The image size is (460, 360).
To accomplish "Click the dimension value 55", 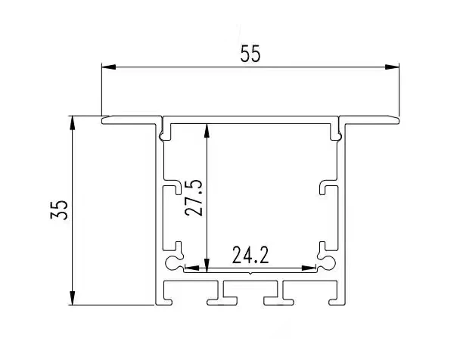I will click(250, 54).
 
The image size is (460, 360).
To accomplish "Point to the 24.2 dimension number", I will click(250, 256).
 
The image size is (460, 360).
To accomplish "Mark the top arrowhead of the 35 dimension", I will click(73, 122).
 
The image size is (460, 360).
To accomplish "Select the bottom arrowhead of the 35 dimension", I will click(73, 299).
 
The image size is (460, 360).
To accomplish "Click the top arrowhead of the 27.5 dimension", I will click(206, 126).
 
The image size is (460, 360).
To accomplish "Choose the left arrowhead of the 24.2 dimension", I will click(191, 266).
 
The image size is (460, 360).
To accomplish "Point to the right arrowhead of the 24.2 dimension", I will click(312, 266).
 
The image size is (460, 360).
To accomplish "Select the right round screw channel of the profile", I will click(328, 262).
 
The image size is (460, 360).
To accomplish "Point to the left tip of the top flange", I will click(104, 119).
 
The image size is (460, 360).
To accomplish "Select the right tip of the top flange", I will click(399, 119).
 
